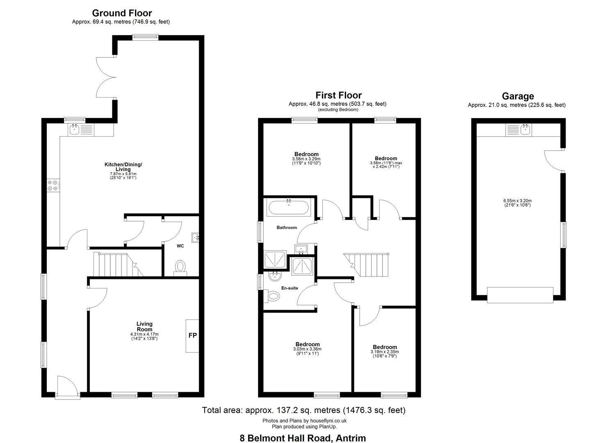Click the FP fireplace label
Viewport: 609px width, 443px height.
(x=192, y=335)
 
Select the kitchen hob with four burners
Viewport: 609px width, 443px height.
(x=53, y=185)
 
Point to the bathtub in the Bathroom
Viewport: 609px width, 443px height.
(x=288, y=208)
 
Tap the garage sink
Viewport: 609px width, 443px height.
(x=518, y=130)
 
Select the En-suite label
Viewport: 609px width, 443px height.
(x=290, y=288)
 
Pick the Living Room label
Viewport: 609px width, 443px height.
(x=144, y=327)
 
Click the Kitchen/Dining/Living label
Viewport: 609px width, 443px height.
(x=123, y=167)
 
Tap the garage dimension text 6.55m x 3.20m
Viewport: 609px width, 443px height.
(x=518, y=201)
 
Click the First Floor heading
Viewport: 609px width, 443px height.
(x=338, y=95)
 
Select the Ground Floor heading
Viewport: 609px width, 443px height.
(x=122, y=13)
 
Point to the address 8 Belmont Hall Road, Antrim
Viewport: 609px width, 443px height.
(x=303, y=438)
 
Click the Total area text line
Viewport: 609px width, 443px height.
(x=304, y=410)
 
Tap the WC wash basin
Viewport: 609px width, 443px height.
(x=196, y=237)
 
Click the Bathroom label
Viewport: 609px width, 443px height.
(x=287, y=227)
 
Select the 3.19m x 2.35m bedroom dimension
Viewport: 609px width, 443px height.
(x=384, y=352)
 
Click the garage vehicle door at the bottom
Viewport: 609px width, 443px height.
(x=520, y=295)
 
